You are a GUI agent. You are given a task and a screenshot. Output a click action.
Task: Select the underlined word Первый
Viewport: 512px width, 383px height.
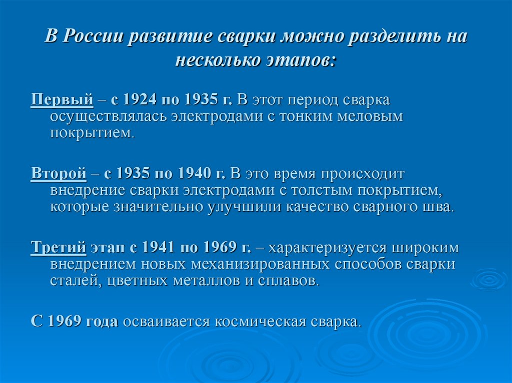(62, 99)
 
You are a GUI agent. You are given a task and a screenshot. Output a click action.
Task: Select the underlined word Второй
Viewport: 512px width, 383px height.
(58, 173)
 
